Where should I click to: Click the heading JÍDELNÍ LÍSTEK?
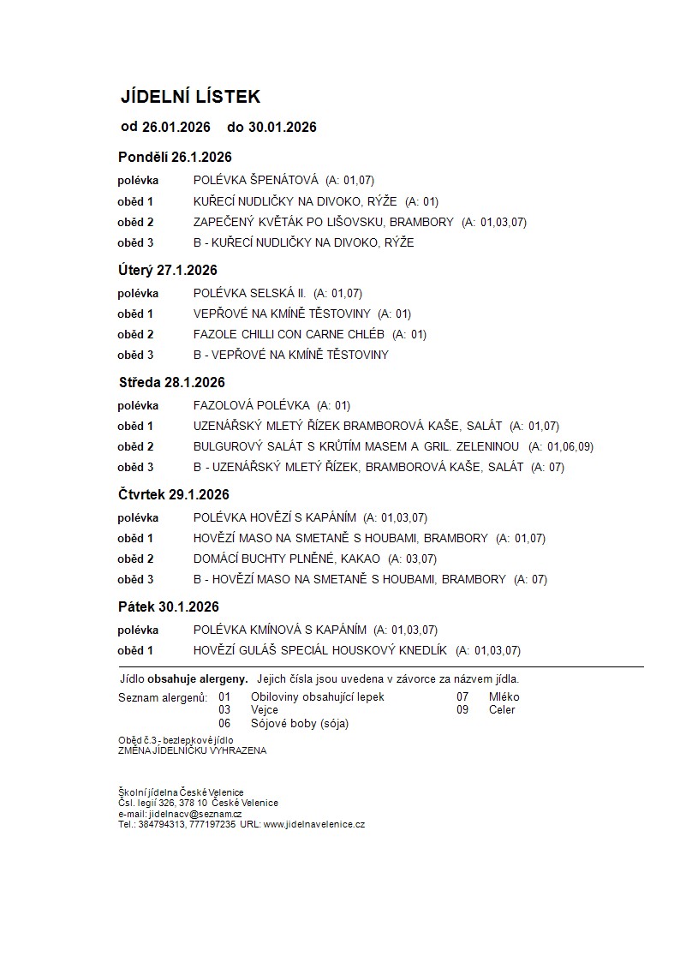click(189, 97)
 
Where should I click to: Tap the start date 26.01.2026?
click(176, 128)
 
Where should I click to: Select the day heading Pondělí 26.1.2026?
click(175, 158)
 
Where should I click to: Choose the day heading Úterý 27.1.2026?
click(167, 271)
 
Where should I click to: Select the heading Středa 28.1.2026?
click(171, 383)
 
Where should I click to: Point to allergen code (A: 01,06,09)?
click(560, 447)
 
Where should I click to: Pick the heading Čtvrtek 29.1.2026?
click(174, 495)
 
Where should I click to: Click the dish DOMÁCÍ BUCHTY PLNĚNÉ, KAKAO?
click(287, 559)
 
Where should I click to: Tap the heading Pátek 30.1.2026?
click(168, 607)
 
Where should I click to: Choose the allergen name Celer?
click(502, 710)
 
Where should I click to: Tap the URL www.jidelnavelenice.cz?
click(314, 824)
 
